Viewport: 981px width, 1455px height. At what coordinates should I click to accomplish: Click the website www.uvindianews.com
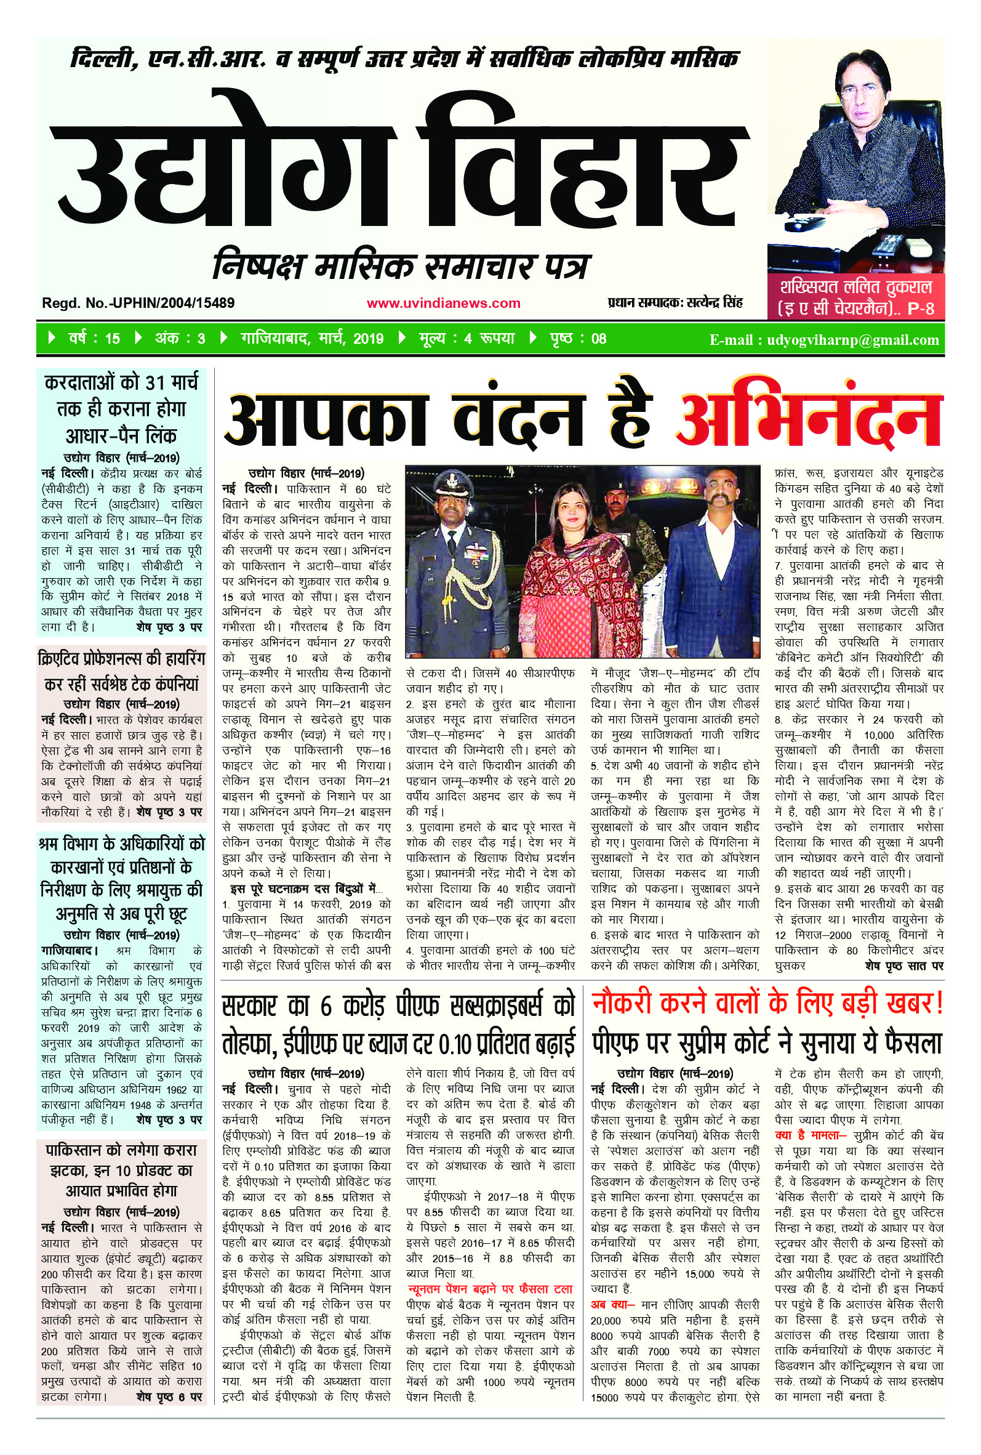coord(443,304)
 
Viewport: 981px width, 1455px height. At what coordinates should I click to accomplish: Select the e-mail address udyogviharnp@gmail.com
coord(824,340)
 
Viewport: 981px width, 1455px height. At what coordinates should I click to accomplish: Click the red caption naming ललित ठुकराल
coord(855,297)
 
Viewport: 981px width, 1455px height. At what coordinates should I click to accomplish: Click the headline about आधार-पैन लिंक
coord(121,409)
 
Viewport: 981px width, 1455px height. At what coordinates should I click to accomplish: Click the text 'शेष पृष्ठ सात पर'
coord(904,965)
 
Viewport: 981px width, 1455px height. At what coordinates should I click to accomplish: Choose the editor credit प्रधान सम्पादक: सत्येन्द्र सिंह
coord(675,303)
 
